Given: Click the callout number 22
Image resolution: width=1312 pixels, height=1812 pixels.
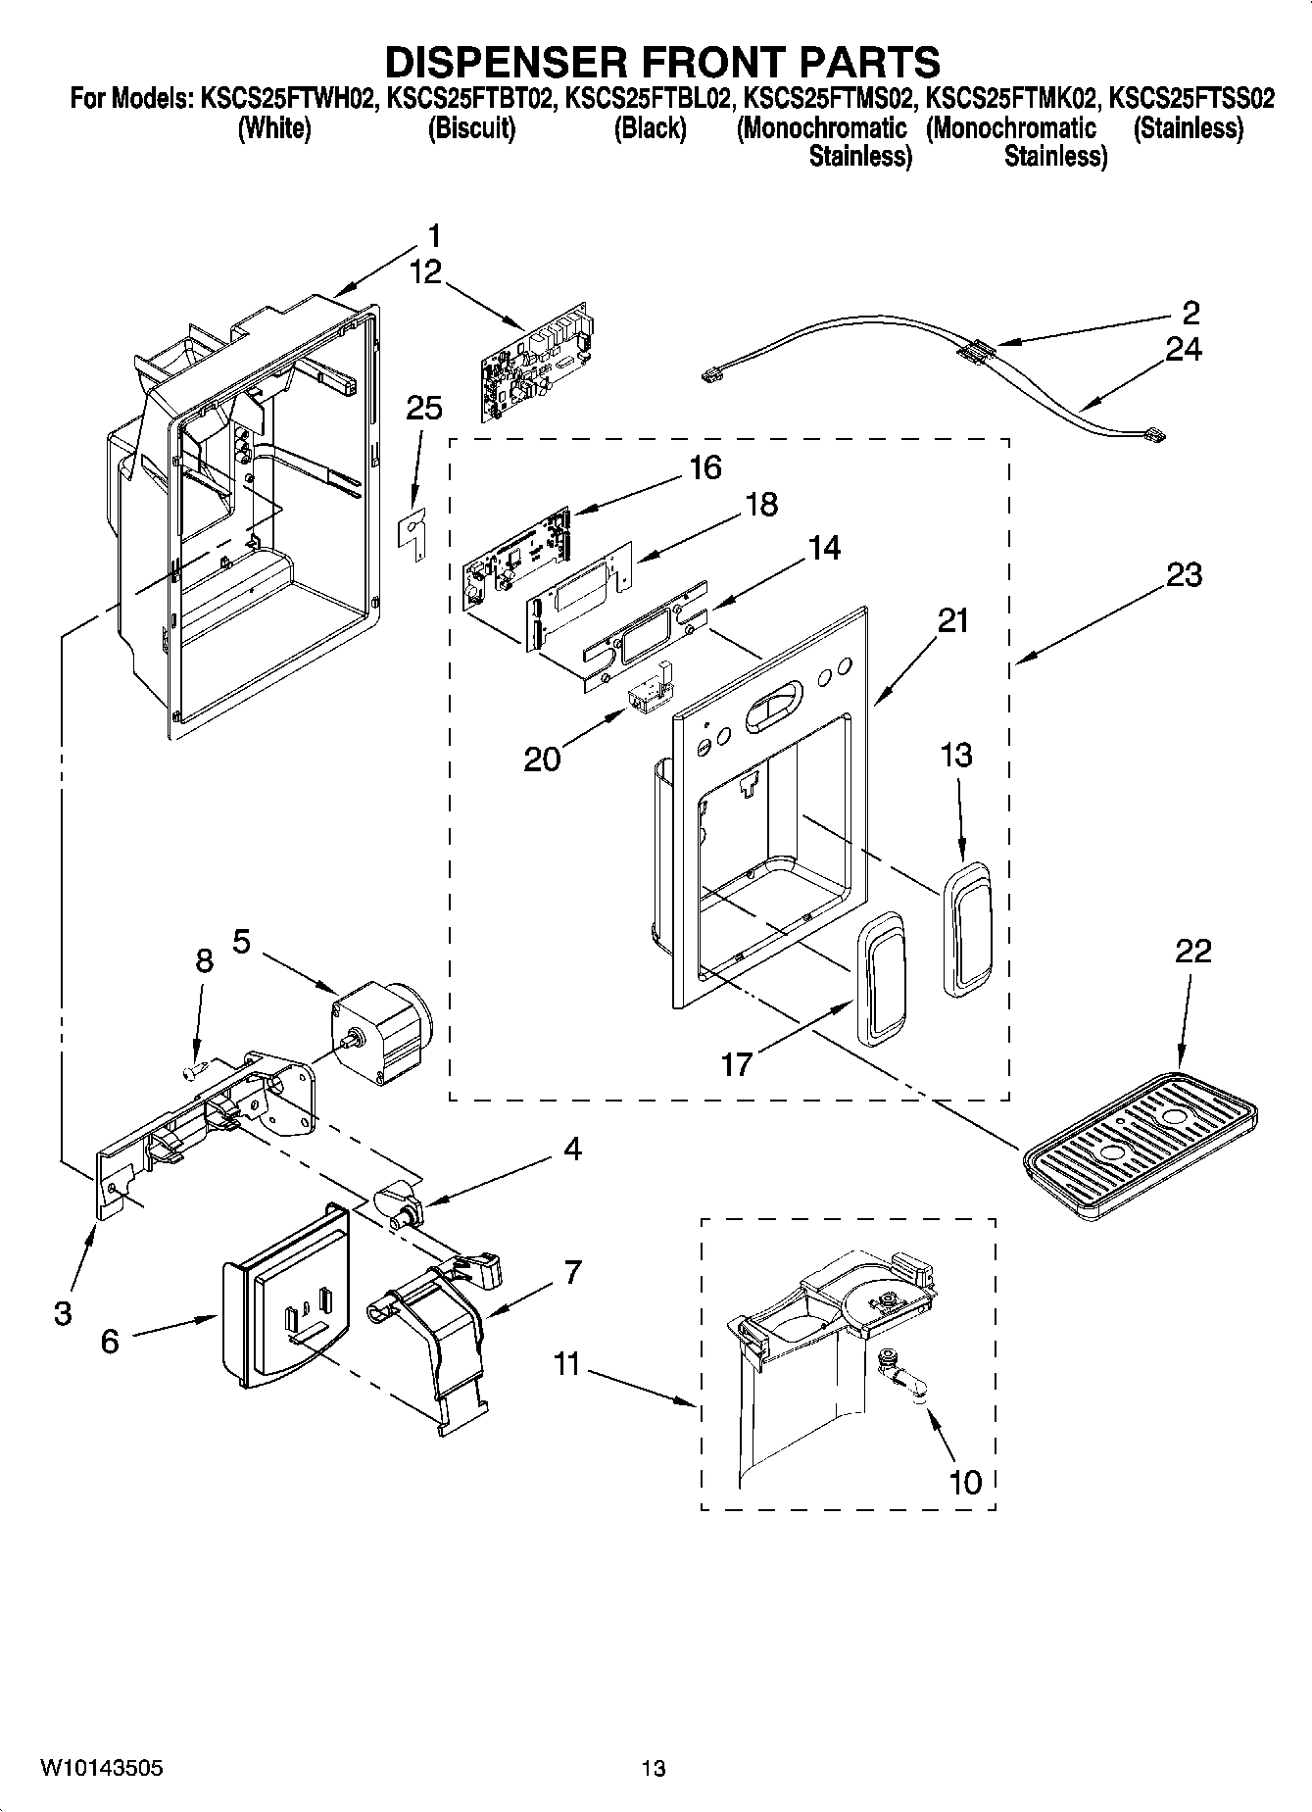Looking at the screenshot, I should pos(1193,951).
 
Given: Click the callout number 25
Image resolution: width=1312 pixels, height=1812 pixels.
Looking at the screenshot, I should pos(423,408).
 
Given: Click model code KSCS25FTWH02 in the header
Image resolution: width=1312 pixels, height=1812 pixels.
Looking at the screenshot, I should pos(288,99).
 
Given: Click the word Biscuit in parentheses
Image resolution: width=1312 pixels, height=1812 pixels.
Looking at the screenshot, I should pos(471,128).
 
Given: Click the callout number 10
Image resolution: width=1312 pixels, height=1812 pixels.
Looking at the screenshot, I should pos(965,1481).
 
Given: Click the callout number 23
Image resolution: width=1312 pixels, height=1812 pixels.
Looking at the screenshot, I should pos(1184,574).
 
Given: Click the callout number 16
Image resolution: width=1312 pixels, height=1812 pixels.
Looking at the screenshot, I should pos(705,467).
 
